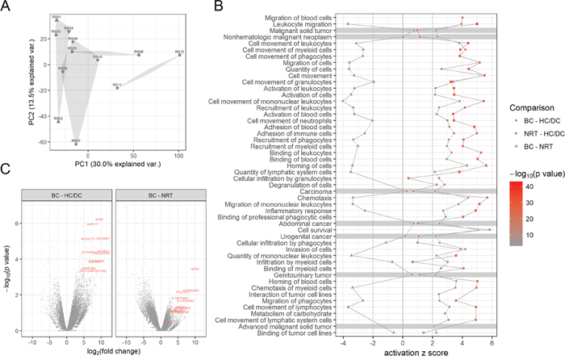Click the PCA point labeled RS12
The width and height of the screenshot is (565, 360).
point(179,55)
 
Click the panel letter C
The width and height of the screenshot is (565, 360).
point(6,170)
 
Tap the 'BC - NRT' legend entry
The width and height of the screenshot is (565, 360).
point(523,147)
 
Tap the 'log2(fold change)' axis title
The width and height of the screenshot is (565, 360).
point(105,352)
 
